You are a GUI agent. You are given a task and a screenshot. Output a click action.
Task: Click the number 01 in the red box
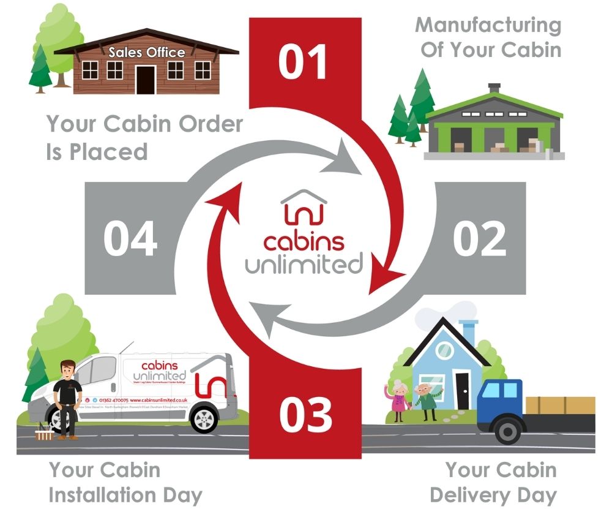pyautogui.click(x=305, y=61)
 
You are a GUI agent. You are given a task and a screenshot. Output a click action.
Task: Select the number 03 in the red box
pyautogui.click(x=305, y=415)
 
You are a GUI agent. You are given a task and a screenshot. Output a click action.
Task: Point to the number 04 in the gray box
pyautogui.click(x=130, y=238)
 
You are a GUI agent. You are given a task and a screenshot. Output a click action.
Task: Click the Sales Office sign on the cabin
pyautogui.click(x=146, y=53)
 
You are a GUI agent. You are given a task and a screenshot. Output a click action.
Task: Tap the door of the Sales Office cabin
pyautogui.click(x=146, y=80)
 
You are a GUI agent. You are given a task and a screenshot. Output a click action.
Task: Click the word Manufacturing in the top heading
pyautogui.click(x=488, y=26)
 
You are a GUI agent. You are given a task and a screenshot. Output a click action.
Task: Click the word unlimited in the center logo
pyautogui.click(x=304, y=265)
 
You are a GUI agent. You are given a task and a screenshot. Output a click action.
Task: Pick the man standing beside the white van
pyautogui.click(x=65, y=398)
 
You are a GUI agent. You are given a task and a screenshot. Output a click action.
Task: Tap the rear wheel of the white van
pyautogui.click(x=204, y=420)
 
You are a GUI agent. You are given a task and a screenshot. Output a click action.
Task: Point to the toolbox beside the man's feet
pyautogui.click(x=45, y=434)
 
